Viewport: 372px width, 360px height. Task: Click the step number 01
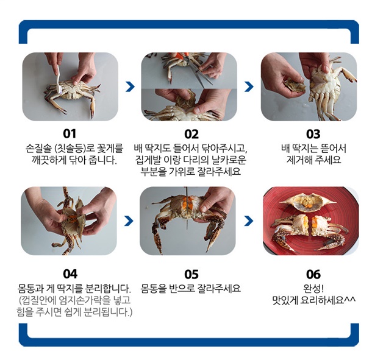coord(70,134)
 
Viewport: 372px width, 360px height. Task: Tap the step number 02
coord(191,134)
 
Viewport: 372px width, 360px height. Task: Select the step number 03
coord(313,134)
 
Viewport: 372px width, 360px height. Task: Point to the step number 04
coord(70,274)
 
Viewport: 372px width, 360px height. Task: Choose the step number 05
coord(191,274)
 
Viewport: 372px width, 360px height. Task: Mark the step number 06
coord(313,274)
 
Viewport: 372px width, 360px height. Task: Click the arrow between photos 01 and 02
coord(130,86)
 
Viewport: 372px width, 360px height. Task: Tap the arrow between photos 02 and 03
coord(249,86)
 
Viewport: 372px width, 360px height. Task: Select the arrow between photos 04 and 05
coord(129,221)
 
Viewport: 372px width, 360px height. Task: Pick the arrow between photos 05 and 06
coord(249,221)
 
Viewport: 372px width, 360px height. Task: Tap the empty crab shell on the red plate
coord(308,201)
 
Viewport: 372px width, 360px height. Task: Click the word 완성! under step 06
coord(313,289)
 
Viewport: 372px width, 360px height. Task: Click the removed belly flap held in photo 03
coord(295,86)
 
